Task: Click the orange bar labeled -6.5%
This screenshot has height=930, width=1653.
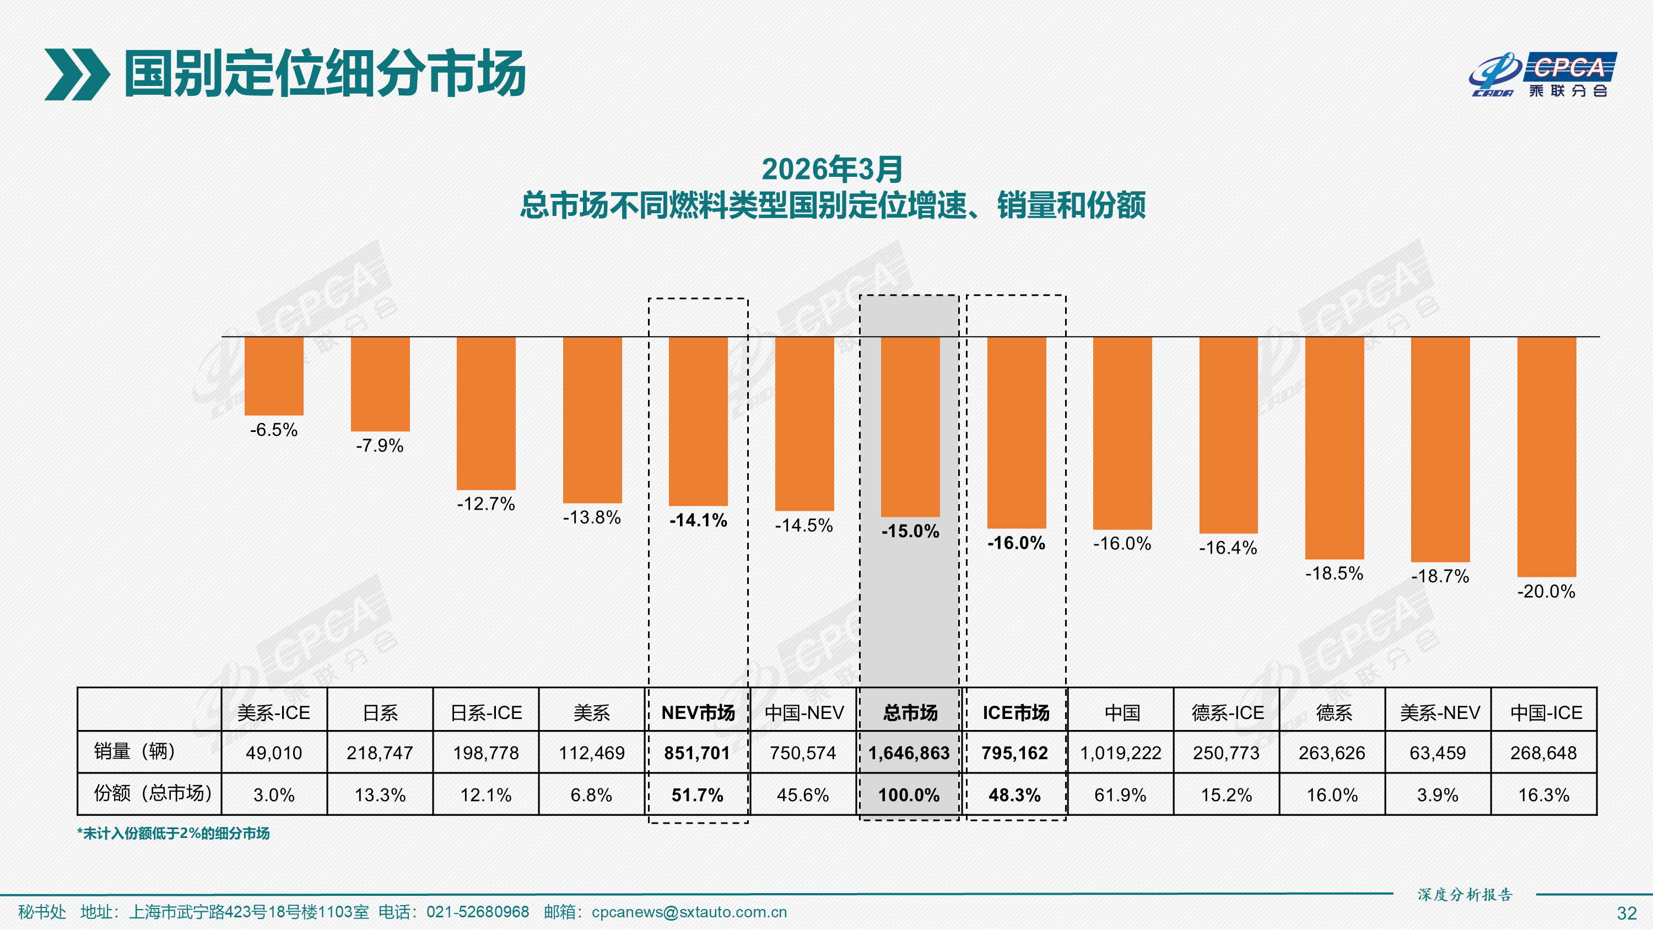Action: pos(274,376)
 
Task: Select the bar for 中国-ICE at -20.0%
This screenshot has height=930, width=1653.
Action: pos(1546,456)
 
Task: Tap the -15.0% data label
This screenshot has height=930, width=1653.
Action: pos(910,532)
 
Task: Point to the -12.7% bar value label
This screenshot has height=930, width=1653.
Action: pos(486,504)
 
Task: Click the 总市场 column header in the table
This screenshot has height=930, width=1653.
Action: pos(910,712)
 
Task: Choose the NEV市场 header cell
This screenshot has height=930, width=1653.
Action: pos(698,712)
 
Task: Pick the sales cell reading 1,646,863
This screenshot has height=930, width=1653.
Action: pos(909,753)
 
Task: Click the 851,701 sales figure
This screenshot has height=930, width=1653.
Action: pos(697,753)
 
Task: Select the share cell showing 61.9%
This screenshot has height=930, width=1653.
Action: pos(1120,795)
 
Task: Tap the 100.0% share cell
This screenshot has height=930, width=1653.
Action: pos(909,795)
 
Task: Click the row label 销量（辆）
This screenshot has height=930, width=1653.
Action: pos(135,751)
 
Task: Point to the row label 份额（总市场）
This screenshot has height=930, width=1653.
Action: pos(153,794)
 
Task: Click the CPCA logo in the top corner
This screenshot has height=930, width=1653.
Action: pos(1543,74)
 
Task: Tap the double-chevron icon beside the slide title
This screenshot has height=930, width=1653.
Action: pos(77,74)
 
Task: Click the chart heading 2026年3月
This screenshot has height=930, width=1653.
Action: pos(832,170)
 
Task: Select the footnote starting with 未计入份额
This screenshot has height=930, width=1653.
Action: pos(173,834)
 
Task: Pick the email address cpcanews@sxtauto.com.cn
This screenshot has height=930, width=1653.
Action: pos(689,912)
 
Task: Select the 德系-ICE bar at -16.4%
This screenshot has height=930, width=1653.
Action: pos(1228,435)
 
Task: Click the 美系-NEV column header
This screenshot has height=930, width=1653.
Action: pos(1439,712)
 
